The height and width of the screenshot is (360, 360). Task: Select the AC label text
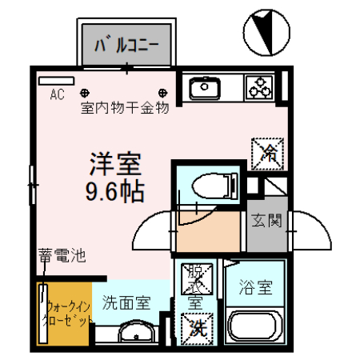click(x=57, y=95)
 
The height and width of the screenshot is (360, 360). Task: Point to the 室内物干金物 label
click(x=124, y=108)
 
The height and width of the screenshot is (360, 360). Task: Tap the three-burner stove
click(x=262, y=86)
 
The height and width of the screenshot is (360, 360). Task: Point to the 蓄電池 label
click(x=61, y=258)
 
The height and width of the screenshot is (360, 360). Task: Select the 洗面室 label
click(x=126, y=302)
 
